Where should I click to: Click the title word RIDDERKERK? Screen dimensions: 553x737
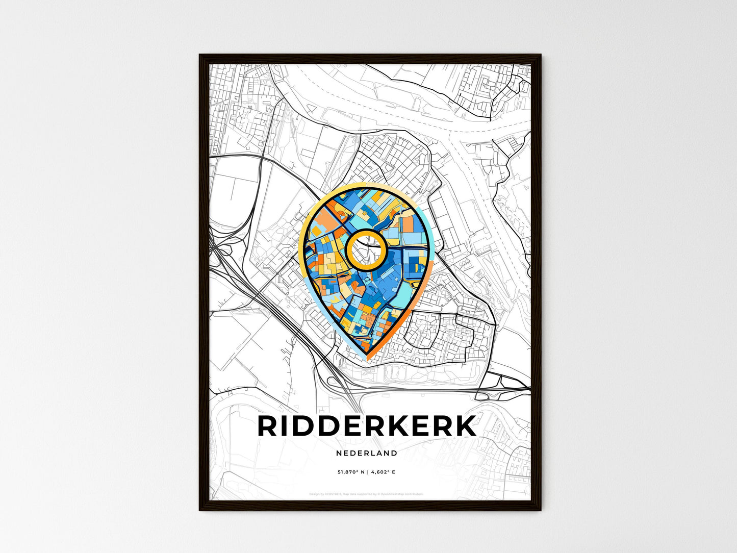coord(367,426)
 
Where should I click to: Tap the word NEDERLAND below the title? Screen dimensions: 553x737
coord(367,453)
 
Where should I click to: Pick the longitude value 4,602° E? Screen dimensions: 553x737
coord(383,472)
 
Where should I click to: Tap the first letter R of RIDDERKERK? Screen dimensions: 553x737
coord(268,426)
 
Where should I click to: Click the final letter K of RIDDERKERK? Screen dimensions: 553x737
coord(465,426)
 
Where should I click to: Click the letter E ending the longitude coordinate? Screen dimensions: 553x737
coord(394,472)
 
